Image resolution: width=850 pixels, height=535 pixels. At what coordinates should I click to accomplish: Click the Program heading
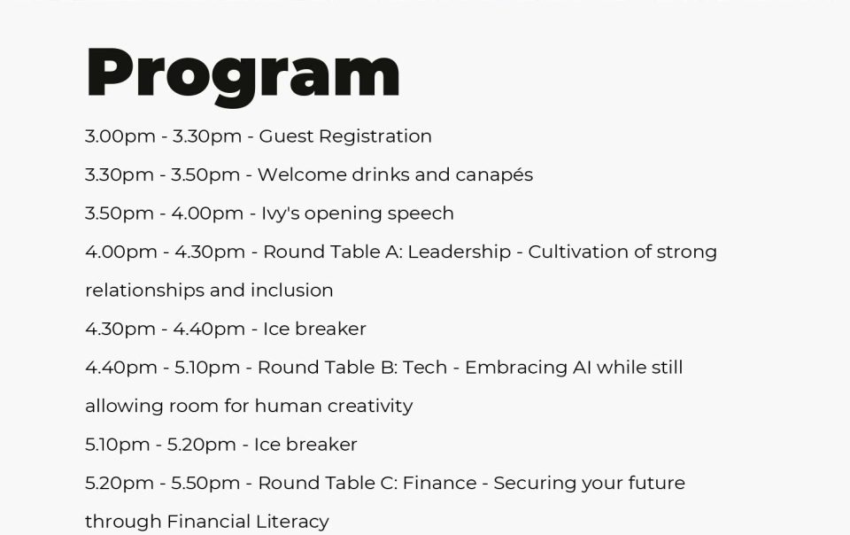coord(243,74)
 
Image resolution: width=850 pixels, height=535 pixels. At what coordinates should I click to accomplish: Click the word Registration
coord(375,136)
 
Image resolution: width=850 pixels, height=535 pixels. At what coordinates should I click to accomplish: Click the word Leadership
coord(460,252)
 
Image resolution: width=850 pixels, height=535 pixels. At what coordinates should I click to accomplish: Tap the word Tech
coord(425,368)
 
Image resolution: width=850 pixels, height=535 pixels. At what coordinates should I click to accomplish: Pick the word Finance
coord(440,483)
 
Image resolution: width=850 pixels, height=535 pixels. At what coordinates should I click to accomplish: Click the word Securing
coord(535,484)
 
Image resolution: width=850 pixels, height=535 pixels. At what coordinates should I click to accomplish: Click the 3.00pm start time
coord(120,137)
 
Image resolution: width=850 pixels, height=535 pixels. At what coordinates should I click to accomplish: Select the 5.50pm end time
coord(205,484)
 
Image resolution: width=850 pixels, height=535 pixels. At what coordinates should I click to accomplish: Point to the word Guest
coord(286,136)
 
